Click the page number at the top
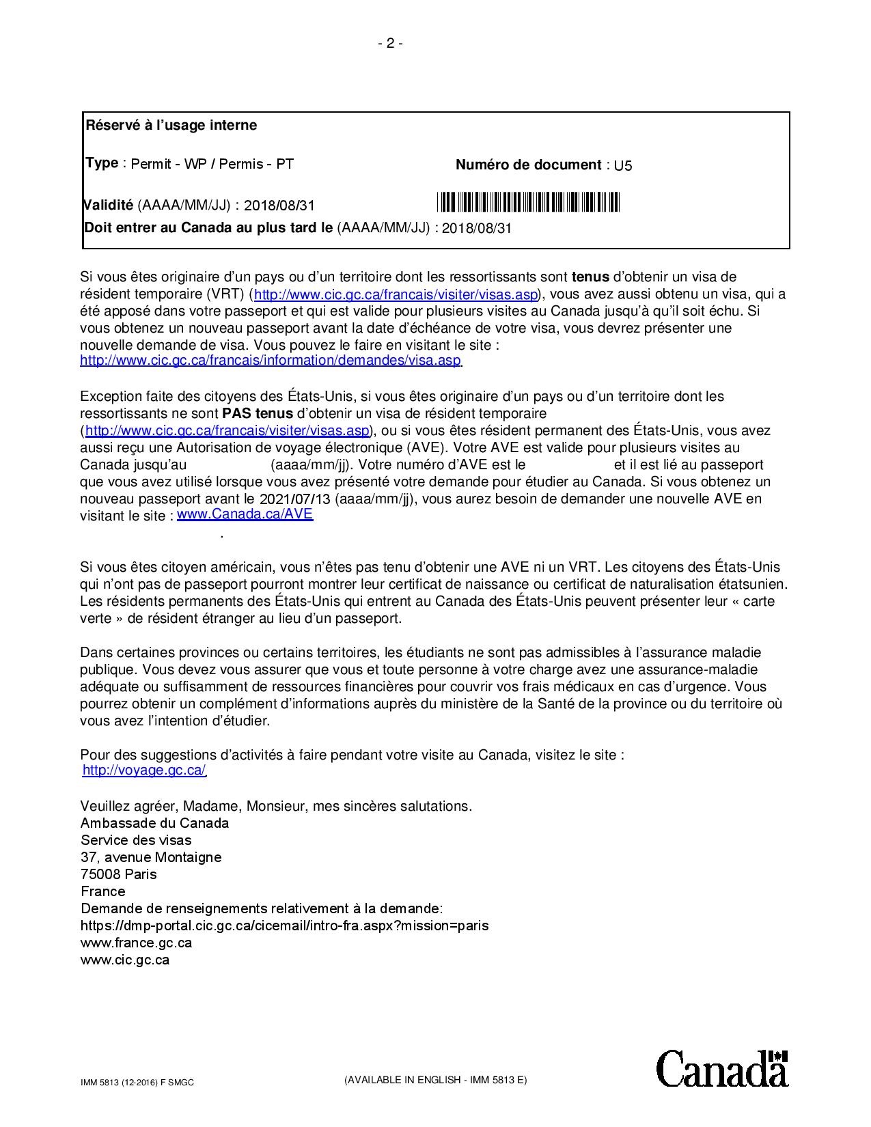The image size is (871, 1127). (390, 44)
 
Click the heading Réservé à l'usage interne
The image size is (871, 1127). (171, 125)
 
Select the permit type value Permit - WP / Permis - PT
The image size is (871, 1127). (212, 164)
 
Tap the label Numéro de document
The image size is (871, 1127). (528, 165)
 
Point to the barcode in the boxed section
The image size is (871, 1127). (528, 202)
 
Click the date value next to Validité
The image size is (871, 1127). (279, 206)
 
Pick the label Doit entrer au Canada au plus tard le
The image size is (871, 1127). (208, 227)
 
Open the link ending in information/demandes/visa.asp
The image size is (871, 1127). (271, 361)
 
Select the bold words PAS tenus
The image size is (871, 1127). (258, 413)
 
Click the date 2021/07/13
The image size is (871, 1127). (296, 499)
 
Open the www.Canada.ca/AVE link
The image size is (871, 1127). (245, 514)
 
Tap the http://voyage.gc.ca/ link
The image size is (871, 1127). (143, 770)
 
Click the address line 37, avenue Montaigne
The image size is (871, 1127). (151, 857)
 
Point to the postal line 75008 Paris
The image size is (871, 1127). (118, 874)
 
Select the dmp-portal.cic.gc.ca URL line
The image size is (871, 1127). (284, 926)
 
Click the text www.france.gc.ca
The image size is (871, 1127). (136, 943)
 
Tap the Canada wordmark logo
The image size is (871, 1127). (722, 1068)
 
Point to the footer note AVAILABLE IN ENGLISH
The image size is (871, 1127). (436, 1080)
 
